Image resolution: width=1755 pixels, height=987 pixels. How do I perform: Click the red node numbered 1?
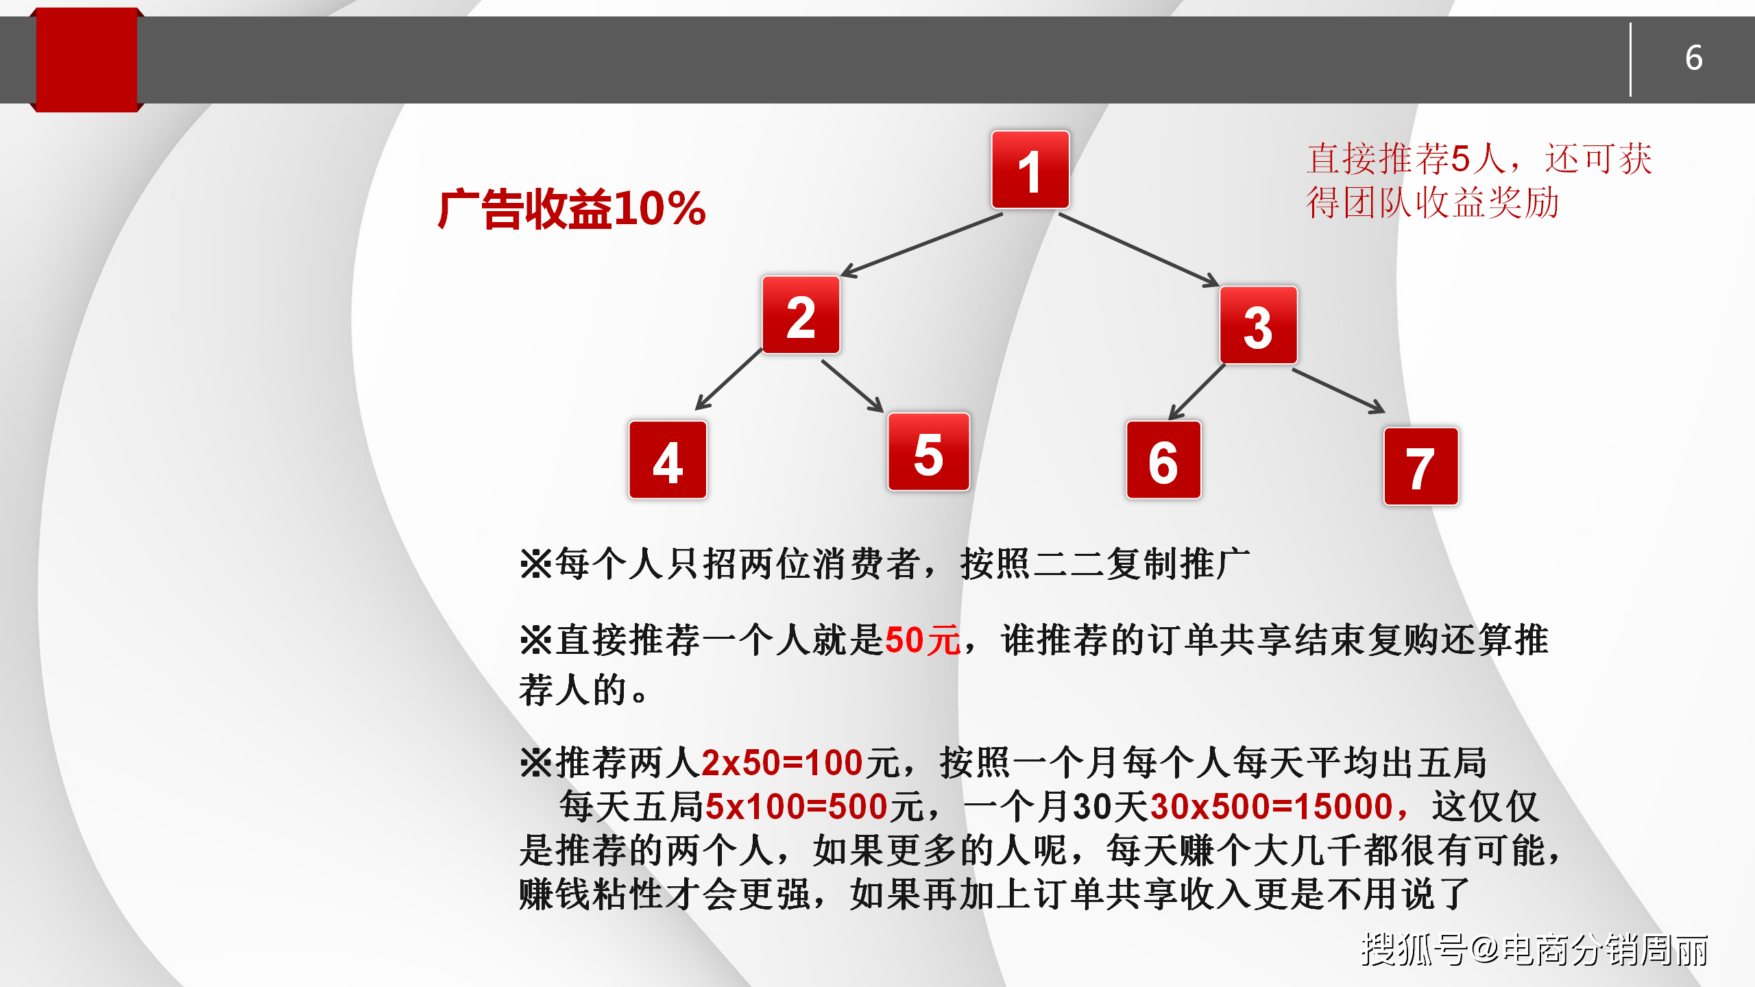coord(1030,170)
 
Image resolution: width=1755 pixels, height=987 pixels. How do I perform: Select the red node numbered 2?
coord(801,315)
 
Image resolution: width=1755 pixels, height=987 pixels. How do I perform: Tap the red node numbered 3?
coord(1258,326)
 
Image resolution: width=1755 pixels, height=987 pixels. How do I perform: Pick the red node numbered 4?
coord(668,460)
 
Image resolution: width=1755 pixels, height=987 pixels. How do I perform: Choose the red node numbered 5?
coord(928,452)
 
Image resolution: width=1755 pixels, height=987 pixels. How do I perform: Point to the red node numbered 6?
coord(1163,460)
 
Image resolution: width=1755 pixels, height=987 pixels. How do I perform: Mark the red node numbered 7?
coord(1420,467)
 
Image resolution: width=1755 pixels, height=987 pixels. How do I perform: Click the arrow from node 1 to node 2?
coord(922,245)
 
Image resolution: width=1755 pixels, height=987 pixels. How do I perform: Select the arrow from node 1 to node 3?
coord(1138,249)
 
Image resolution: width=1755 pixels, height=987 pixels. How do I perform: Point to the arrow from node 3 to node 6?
coord(1197,391)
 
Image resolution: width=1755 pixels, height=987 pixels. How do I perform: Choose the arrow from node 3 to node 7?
coord(1338,391)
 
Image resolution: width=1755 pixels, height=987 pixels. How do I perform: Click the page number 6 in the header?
coord(1694,58)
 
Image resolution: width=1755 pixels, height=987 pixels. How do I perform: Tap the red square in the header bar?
coord(86,60)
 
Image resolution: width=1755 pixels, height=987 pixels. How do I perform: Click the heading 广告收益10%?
coord(572,208)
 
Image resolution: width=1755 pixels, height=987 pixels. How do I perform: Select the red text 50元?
coord(923,640)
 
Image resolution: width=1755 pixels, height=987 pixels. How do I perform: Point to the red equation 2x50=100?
coord(782,763)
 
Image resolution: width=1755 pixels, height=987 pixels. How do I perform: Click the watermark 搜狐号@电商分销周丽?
coord(1534,950)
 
